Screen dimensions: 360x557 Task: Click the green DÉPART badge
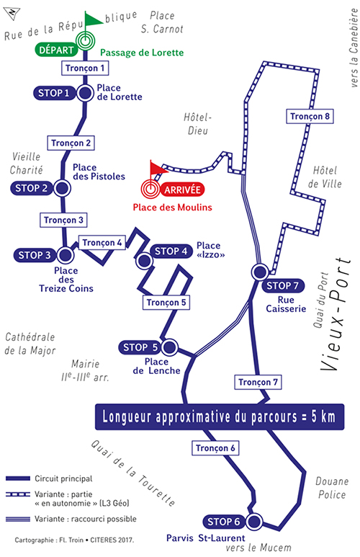(x=56, y=50)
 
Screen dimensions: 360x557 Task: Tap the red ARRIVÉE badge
(x=182, y=190)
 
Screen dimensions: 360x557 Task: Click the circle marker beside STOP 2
(x=62, y=188)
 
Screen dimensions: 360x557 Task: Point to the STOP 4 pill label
(x=171, y=251)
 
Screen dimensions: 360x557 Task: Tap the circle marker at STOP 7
(x=260, y=272)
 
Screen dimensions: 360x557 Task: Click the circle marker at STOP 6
(x=254, y=522)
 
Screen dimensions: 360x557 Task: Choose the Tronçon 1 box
(x=85, y=68)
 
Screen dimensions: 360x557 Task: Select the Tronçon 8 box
(x=310, y=117)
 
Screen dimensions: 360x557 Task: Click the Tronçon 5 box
(x=166, y=303)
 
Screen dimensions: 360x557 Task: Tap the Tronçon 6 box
(x=215, y=448)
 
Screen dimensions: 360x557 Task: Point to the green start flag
(x=94, y=19)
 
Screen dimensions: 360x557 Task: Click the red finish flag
(x=158, y=168)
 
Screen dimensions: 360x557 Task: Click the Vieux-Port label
(x=336, y=314)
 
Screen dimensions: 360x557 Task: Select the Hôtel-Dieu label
(x=198, y=124)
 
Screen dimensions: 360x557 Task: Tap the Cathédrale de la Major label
(x=30, y=344)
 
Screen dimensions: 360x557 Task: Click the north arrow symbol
(x=12, y=13)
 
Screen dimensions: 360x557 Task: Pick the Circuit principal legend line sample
(x=18, y=478)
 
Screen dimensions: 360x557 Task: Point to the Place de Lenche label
(x=156, y=366)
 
